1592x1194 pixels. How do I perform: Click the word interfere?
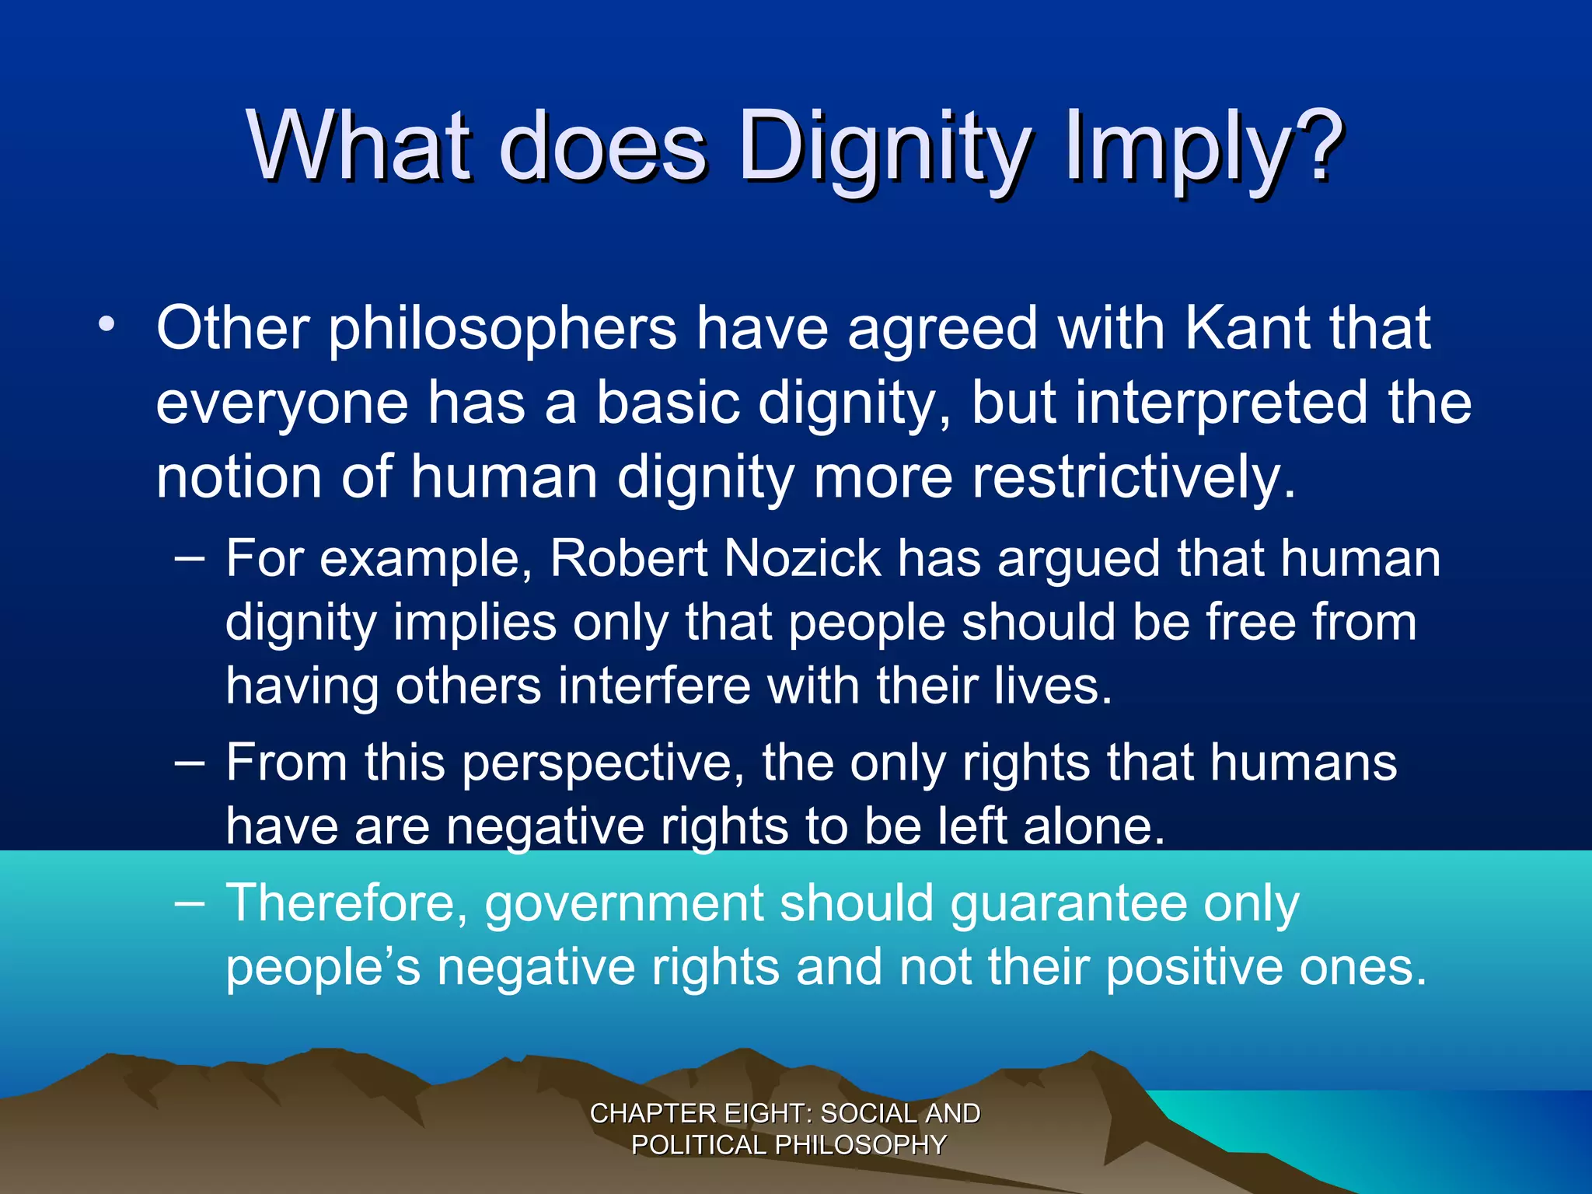[x=653, y=686]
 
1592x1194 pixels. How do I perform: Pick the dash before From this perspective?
[x=190, y=762]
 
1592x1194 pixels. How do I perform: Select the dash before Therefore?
[x=190, y=903]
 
